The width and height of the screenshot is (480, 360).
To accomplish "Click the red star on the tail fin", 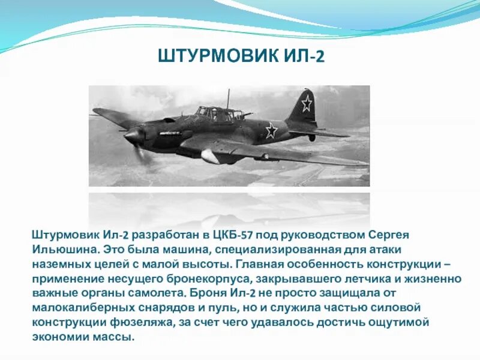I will pyautogui.click(x=307, y=104).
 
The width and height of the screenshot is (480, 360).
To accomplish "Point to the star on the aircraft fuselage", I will pyautogui.click(x=271, y=130).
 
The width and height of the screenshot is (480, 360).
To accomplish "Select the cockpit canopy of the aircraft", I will pyautogui.click(x=211, y=113).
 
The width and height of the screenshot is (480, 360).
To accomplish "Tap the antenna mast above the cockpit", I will pyautogui.click(x=228, y=99).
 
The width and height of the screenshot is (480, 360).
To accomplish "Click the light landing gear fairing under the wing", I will pyautogui.click(x=209, y=157).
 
